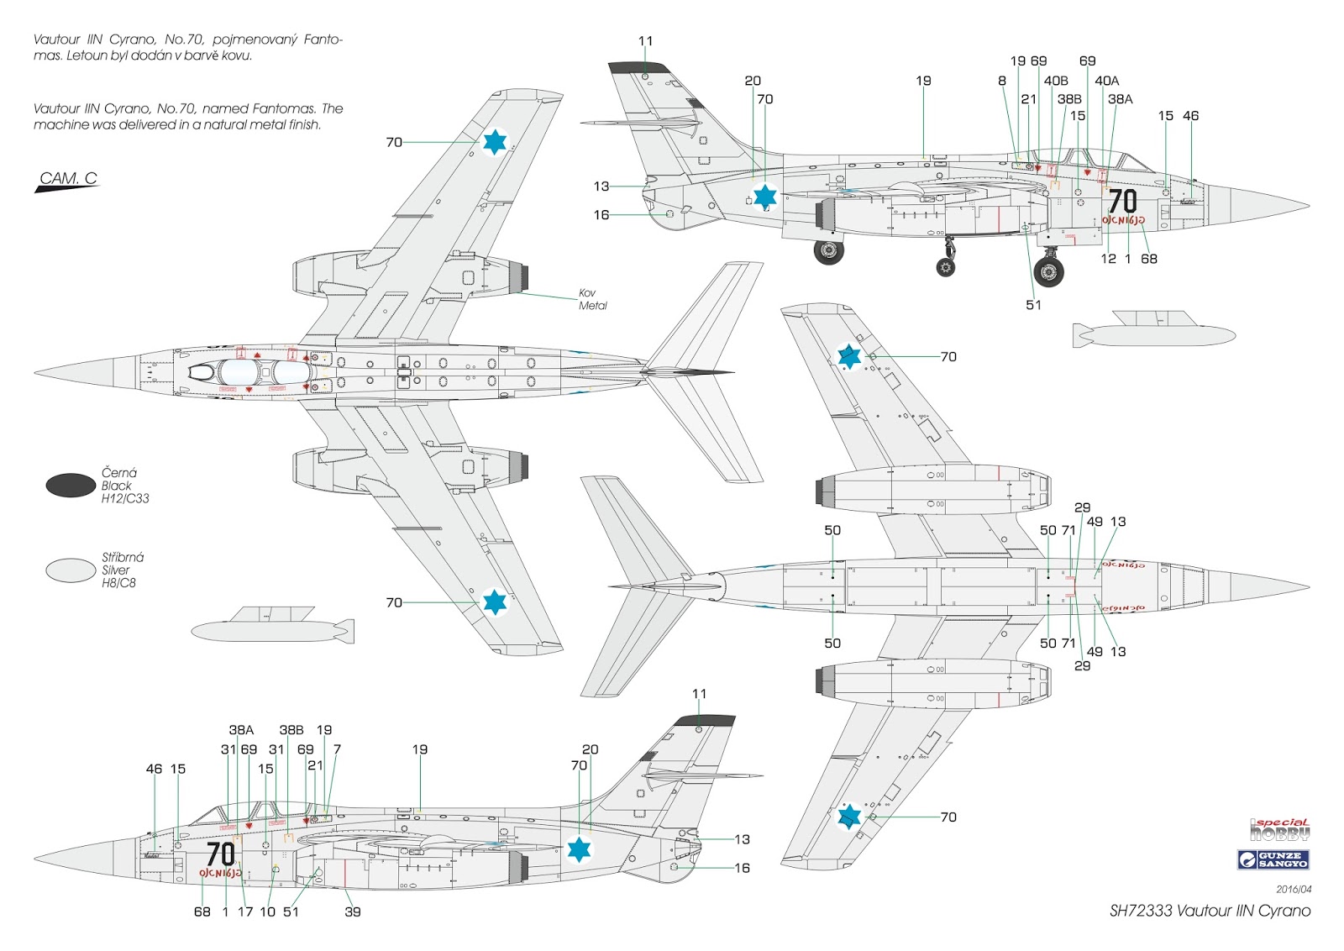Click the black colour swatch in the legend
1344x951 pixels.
[71, 485]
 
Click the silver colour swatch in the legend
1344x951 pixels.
[71, 570]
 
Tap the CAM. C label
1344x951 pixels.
[68, 179]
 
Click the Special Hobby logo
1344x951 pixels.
[1279, 830]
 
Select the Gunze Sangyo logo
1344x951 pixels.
[1273, 859]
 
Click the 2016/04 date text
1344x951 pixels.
[1294, 889]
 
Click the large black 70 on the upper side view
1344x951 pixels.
[1122, 202]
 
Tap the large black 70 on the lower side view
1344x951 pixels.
[220, 854]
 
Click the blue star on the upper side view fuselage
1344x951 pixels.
[764, 197]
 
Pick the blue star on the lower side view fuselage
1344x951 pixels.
[579, 849]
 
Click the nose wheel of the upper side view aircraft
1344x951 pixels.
[1048, 271]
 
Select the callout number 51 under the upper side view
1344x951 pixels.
[1033, 305]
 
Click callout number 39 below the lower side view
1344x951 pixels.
[353, 912]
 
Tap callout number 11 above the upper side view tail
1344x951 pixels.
[645, 41]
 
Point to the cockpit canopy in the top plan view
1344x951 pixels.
[244, 371]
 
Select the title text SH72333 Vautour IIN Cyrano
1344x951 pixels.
[1210, 911]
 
